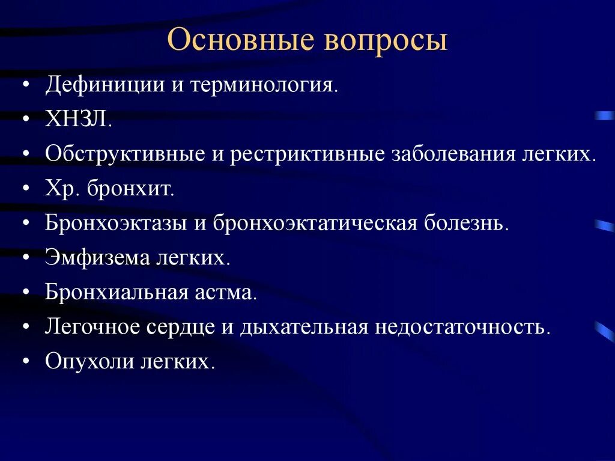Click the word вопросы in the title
coord(386,41)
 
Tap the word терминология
coord(264,85)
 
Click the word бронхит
coord(130,189)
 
